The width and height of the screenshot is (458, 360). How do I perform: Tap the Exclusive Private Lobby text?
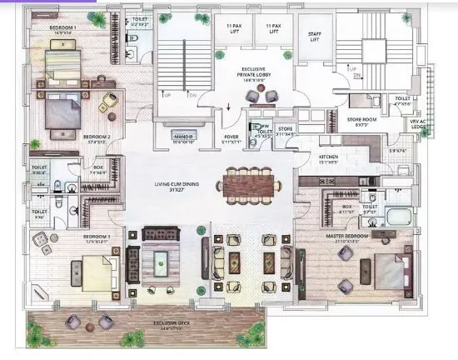tap(253, 75)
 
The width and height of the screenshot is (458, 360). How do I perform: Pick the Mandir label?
tap(182, 138)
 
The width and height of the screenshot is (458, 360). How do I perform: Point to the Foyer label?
tap(231, 138)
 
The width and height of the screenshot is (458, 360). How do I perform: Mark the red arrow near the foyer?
tap(229, 107)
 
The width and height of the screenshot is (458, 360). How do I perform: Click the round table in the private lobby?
tap(252, 97)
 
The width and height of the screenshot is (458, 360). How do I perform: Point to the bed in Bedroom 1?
tap(62, 61)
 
